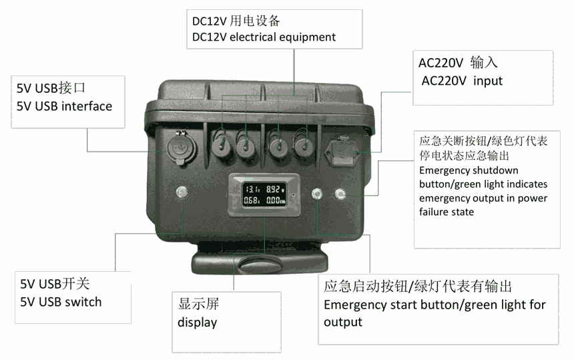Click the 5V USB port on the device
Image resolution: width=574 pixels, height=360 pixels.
(x=181, y=148)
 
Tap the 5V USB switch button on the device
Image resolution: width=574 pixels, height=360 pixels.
(x=182, y=192)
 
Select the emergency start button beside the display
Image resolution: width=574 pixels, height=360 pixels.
(x=317, y=194)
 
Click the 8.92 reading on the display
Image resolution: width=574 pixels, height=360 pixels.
(x=273, y=189)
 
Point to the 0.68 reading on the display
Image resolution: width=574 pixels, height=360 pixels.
(x=251, y=200)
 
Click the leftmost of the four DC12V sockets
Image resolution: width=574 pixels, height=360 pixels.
(x=221, y=146)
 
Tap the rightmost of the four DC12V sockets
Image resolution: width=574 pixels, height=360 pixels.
(x=304, y=146)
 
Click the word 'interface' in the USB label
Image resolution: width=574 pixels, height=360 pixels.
(x=87, y=106)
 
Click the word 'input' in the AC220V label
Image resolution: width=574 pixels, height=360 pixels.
(x=488, y=81)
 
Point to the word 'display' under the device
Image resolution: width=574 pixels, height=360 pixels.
(x=197, y=323)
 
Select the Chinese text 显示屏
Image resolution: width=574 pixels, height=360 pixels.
(x=198, y=304)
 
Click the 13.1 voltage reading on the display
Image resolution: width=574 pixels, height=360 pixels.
(x=252, y=189)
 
